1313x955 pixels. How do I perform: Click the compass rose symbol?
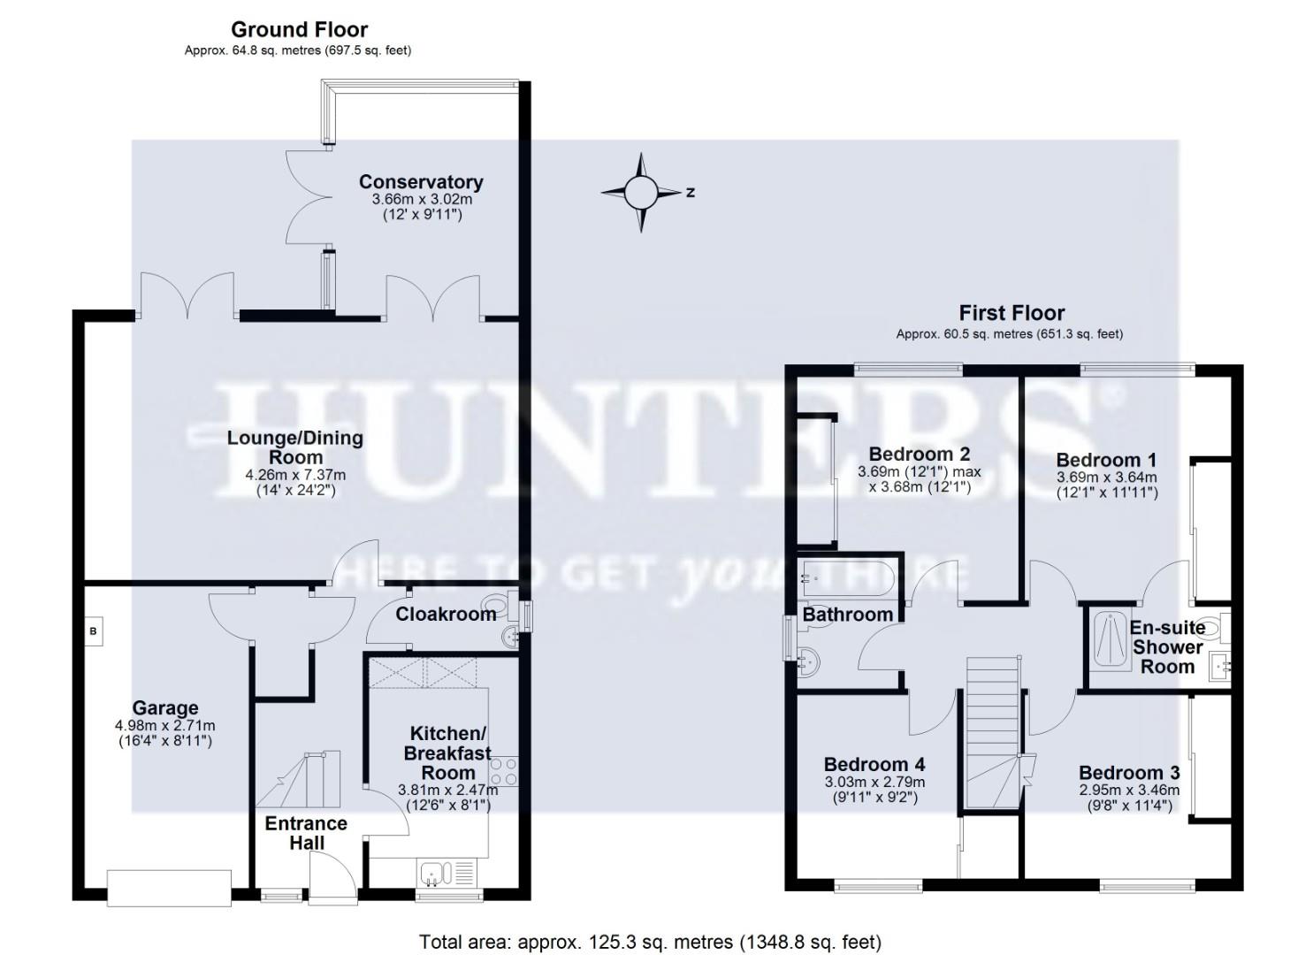(642, 192)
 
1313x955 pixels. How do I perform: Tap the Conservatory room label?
(421, 182)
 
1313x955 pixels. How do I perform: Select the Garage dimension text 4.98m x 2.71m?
(165, 726)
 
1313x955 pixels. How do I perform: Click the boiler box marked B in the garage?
(93, 631)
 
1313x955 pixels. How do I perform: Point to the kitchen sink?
(433, 874)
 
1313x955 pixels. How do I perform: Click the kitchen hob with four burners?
(505, 770)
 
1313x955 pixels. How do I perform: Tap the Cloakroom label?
(446, 615)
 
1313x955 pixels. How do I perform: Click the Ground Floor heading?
(299, 30)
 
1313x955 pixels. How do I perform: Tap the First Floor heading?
(1011, 313)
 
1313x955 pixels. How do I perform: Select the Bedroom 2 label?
(920, 455)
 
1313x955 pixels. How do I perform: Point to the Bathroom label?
(847, 615)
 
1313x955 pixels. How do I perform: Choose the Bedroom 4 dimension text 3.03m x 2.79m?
(874, 783)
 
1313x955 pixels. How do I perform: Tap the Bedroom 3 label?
(1128, 773)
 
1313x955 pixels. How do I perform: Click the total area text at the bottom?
(650, 942)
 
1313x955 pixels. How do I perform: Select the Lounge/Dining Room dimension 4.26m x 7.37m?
(295, 475)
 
